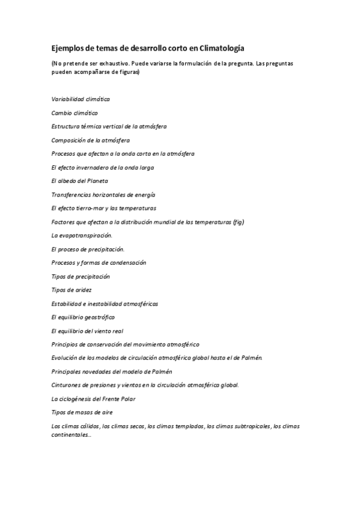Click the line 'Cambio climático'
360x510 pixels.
(75, 112)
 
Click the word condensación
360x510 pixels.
(129, 263)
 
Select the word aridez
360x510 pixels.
(81, 290)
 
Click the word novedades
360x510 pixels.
(91, 372)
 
